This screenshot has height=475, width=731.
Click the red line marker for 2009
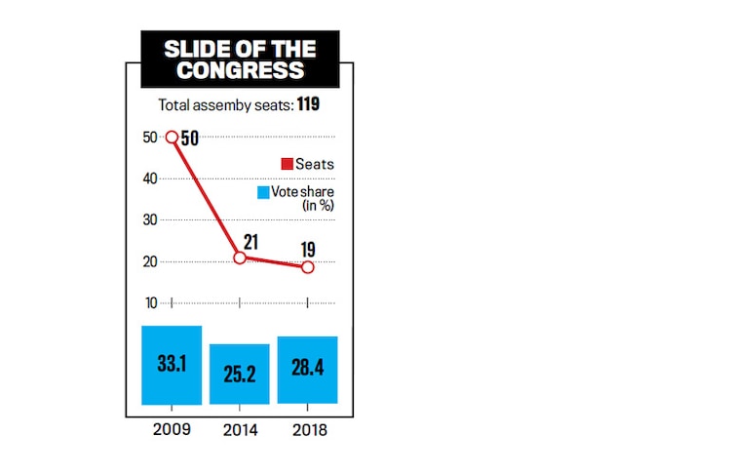[172, 138]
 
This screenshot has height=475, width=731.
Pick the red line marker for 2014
[240, 257]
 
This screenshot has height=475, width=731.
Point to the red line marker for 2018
[308, 266]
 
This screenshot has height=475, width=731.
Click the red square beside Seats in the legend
[288, 164]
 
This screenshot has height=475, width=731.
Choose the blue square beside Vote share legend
[263, 192]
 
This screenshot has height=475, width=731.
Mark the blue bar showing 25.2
[240, 374]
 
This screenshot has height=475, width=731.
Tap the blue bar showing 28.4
[308, 370]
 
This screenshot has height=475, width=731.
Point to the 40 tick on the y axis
[150, 178]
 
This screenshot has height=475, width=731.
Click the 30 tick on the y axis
[150, 220]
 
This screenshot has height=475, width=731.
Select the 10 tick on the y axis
[150, 302]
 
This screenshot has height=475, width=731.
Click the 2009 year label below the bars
[172, 429]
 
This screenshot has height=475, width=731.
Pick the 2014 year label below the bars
[240, 429]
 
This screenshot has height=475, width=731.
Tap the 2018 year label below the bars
[308, 429]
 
